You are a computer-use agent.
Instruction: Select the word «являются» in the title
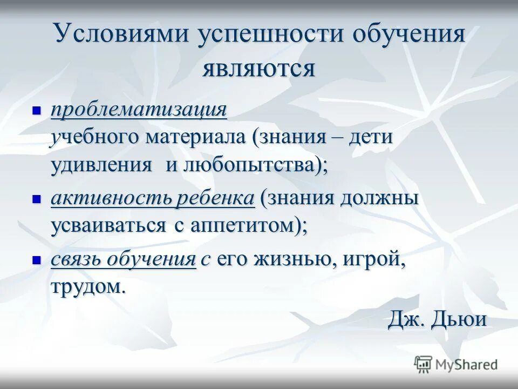(258, 69)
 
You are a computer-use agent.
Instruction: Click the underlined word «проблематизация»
(139, 111)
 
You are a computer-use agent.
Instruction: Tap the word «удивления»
(101, 165)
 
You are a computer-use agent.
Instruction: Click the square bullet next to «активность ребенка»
(37, 198)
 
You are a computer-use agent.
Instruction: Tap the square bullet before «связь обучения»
(37, 259)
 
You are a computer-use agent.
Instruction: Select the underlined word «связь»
(76, 259)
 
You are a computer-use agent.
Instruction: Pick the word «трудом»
(87, 286)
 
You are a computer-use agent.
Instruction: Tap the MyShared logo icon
(424, 364)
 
